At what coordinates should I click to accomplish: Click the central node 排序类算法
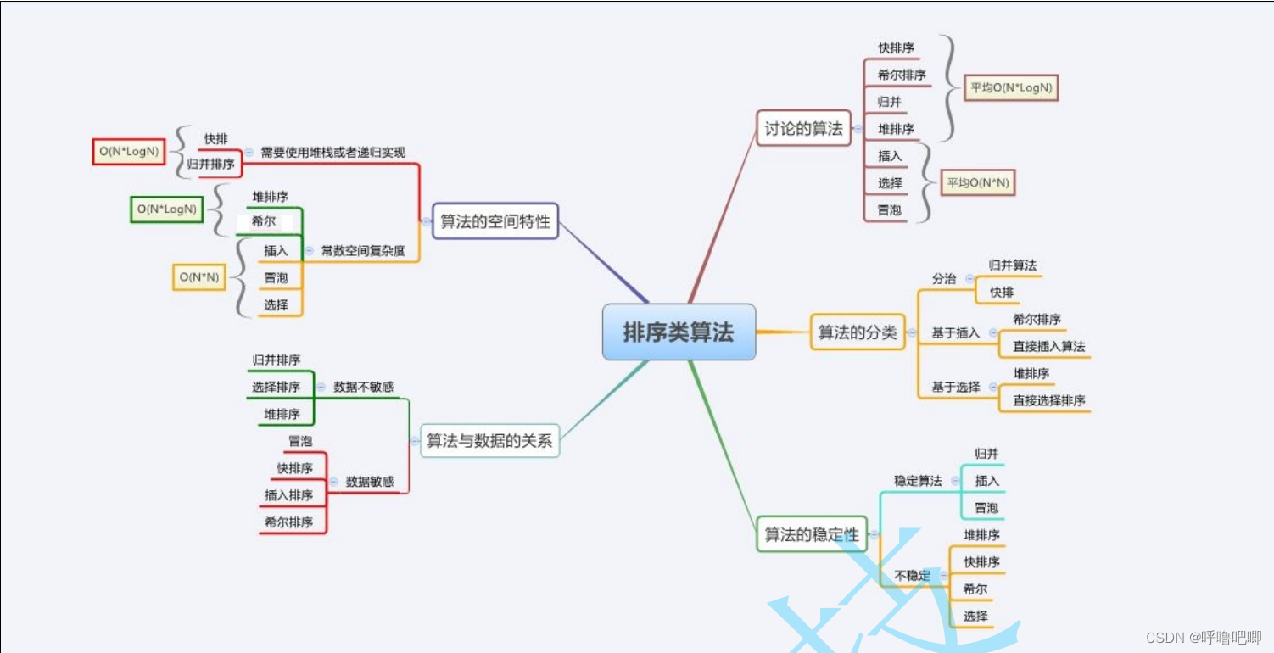[679, 332]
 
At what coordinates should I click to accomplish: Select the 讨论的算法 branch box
[803, 129]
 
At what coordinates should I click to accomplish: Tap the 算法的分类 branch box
[858, 332]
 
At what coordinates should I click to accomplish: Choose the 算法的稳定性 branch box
[812, 534]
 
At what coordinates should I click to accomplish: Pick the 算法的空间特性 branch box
[495, 221]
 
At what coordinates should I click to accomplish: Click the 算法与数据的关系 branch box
[489, 440]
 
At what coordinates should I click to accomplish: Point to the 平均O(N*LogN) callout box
[1012, 87]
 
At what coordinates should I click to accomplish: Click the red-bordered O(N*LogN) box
[129, 152]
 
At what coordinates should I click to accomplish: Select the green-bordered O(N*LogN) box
[167, 209]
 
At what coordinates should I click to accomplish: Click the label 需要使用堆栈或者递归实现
[332, 153]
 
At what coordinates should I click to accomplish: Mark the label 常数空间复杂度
[363, 251]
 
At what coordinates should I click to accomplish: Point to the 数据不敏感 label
[364, 387]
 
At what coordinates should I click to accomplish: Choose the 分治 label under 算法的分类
[944, 278]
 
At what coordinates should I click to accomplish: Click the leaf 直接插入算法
[1048, 346]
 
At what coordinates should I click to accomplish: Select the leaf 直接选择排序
[1048, 400]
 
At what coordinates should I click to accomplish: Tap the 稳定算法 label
[918, 481]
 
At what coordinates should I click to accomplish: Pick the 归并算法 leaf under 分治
[1013, 265]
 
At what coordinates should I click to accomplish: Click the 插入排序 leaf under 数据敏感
[288, 495]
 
